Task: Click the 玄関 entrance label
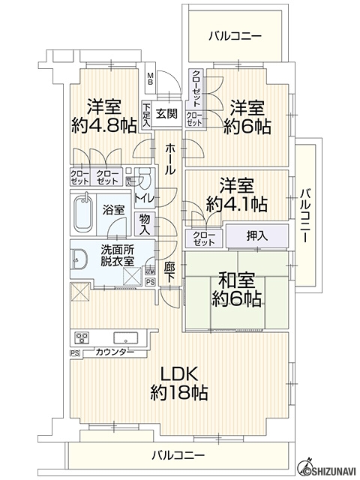point(167,113)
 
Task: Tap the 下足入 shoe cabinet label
point(146,115)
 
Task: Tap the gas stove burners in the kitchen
point(82,337)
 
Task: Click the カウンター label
point(114,352)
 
